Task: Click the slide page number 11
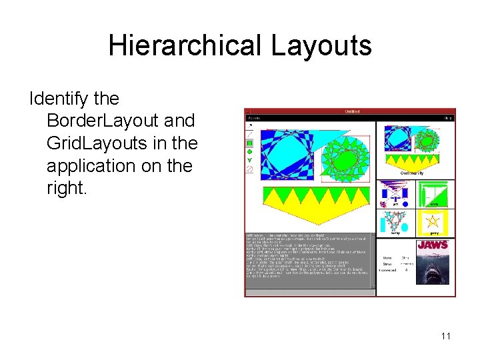tap(445, 335)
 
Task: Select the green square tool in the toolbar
tap(250, 143)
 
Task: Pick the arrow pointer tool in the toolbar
tap(250, 125)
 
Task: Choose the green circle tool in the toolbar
tap(250, 151)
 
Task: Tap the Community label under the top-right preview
tap(412, 173)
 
